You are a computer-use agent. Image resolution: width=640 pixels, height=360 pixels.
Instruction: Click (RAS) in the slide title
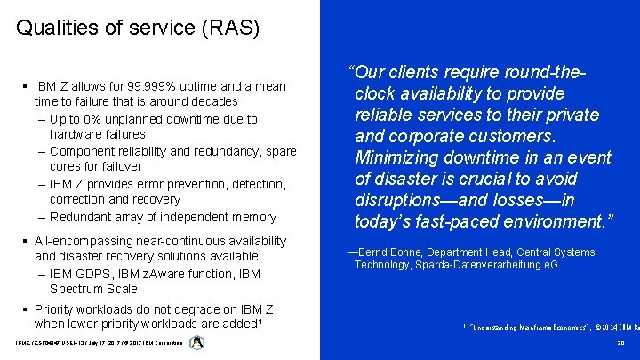click(x=229, y=28)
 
